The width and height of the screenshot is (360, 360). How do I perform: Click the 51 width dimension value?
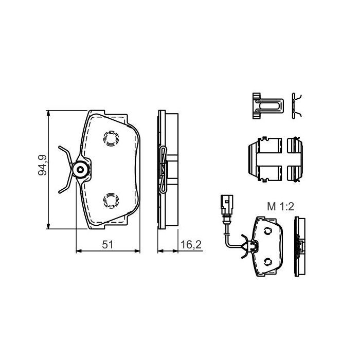(x=107, y=245)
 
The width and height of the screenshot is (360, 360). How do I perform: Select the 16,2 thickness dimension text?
(x=190, y=245)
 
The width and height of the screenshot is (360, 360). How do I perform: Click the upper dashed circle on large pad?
(x=111, y=138)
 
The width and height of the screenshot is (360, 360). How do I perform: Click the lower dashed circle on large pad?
(x=111, y=199)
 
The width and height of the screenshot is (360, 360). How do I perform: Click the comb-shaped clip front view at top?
(x=267, y=106)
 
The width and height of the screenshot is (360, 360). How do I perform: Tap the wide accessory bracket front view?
(x=264, y=159)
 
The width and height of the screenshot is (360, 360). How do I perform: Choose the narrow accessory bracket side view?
(x=295, y=159)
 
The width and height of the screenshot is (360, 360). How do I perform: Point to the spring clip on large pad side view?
(x=164, y=170)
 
